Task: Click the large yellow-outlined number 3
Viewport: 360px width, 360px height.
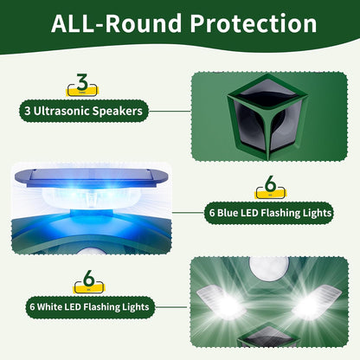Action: coord(81,84)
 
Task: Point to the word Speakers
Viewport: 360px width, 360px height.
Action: coord(122,110)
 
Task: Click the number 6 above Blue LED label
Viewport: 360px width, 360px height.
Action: coord(270,186)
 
